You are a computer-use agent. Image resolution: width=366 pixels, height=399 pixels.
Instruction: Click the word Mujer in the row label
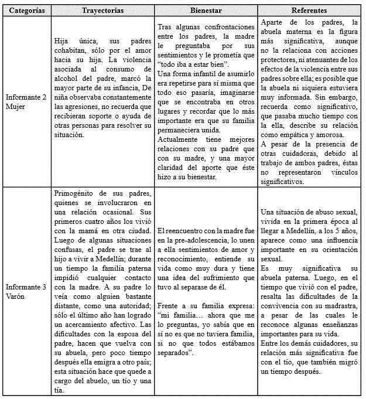coord(17,107)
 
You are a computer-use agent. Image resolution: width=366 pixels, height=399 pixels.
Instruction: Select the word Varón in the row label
coord(17,296)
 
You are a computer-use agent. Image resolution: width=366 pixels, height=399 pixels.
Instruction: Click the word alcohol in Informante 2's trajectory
coord(65,78)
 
